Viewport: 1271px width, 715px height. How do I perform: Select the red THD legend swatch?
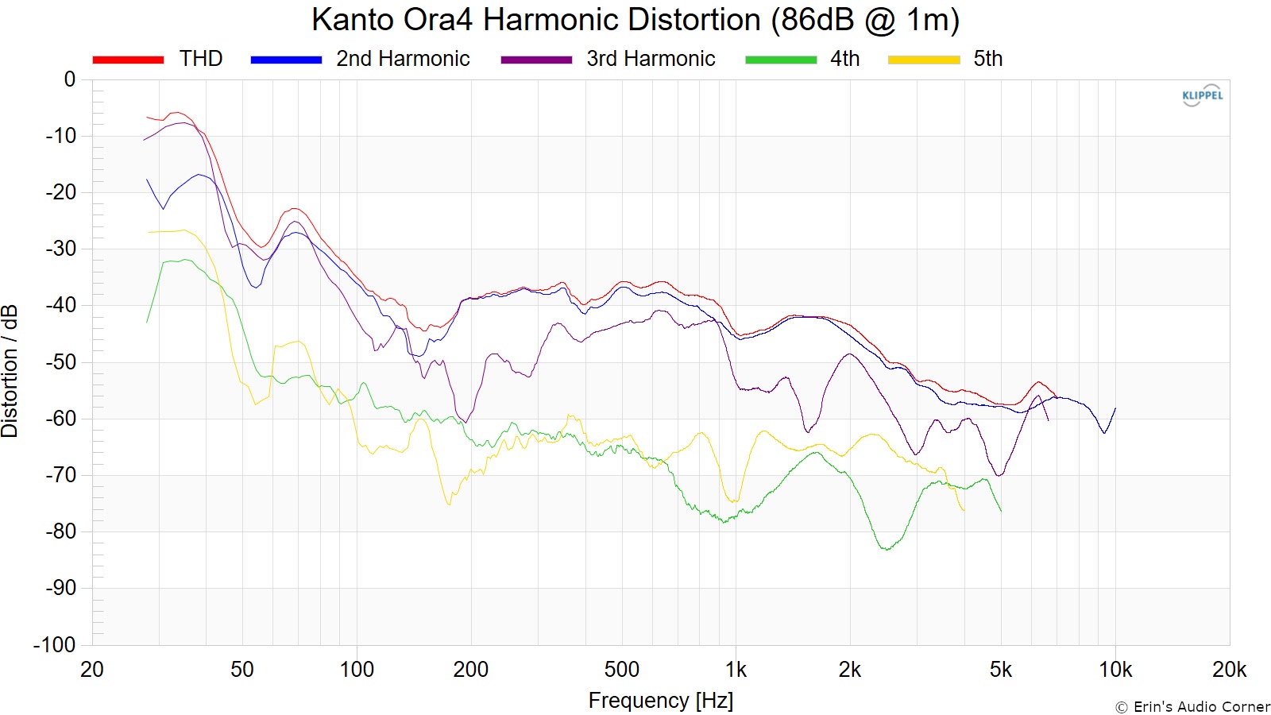click(x=128, y=60)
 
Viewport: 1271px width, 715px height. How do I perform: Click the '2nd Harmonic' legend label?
click(x=403, y=59)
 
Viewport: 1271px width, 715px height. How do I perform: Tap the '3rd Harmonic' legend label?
click(x=651, y=59)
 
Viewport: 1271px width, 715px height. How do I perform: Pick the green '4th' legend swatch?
click(x=780, y=60)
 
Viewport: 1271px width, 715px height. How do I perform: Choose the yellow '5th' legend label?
click(x=988, y=59)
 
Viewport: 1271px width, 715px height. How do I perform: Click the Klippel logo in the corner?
click(x=1202, y=95)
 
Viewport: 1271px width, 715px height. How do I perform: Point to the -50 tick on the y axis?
click(x=60, y=362)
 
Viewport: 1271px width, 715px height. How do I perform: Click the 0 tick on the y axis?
click(x=70, y=79)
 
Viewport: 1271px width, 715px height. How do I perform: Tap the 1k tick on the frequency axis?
click(x=736, y=670)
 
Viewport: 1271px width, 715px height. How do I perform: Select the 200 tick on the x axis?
click(x=470, y=670)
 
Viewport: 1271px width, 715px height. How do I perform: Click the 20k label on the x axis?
click(x=1229, y=670)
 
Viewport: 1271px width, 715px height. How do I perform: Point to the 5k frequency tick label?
click(x=1001, y=670)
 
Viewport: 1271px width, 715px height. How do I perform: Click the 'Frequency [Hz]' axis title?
click(x=660, y=701)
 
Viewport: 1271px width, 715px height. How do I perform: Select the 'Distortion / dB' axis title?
click(x=10, y=371)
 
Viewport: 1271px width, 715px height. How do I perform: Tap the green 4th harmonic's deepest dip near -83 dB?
click(x=886, y=549)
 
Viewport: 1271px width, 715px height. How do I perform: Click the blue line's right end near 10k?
click(x=1115, y=408)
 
